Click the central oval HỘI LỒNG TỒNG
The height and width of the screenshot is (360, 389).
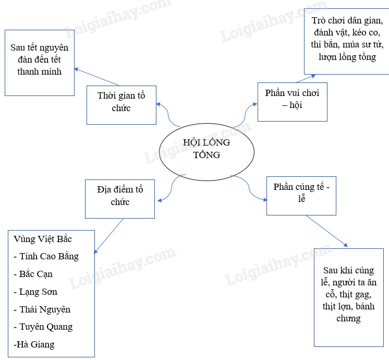(x=206, y=149)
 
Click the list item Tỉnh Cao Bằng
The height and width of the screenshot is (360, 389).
(x=46, y=257)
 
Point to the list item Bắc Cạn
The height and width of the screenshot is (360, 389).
(x=33, y=274)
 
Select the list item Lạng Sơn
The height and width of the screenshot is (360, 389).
(x=35, y=292)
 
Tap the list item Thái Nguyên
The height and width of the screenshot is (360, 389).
(x=42, y=310)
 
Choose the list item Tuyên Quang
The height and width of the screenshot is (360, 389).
(x=43, y=327)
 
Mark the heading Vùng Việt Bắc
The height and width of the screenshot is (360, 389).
(x=43, y=239)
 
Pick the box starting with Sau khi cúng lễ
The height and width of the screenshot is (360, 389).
(x=348, y=295)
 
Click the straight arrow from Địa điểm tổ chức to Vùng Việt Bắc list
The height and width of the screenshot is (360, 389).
(x=110, y=235)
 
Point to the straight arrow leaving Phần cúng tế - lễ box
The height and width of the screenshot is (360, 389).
(x=326, y=231)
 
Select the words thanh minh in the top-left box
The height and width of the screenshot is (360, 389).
(x=39, y=71)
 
